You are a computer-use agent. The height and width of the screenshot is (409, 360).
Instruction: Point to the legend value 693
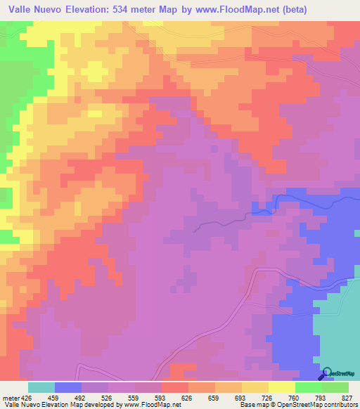[x=226, y=397]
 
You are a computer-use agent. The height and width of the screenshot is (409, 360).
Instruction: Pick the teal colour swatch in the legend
[x=41, y=387]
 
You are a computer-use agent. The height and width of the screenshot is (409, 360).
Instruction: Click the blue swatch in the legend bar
[x=68, y=387]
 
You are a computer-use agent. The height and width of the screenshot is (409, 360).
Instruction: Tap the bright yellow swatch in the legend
[x=282, y=387]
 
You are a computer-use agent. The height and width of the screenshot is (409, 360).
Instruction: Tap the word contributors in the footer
[x=340, y=405]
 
